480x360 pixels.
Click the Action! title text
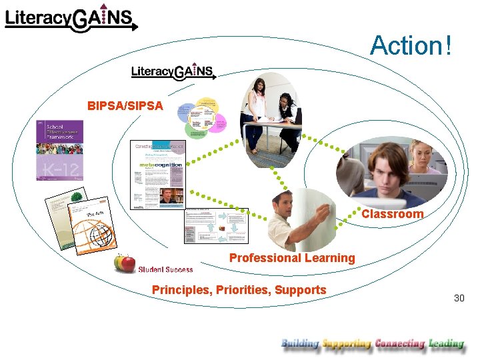(x=411, y=46)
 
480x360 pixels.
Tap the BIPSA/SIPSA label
(x=125, y=105)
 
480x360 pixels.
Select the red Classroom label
(x=392, y=214)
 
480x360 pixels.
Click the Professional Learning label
(x=292, y=258)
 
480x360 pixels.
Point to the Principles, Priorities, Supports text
(x=239, y=290)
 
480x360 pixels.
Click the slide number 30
(x=459, y=298)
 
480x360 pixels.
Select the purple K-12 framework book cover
(x=59, y=150)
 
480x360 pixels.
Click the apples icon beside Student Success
(x=125, y=264)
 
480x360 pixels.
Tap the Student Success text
(x=165, y=269)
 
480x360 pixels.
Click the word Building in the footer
(x=300, y=344)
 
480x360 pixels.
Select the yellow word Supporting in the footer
(x=346, y=344)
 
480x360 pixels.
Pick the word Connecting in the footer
(x=400, y=344)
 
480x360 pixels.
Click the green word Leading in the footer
(x=446, y=344)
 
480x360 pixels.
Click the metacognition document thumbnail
(x=158, y=174)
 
